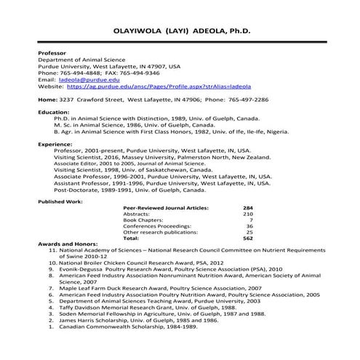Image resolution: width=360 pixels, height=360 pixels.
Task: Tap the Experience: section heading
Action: tap(55, 144)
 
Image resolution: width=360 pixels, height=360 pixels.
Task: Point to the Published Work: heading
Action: tap(60, 200)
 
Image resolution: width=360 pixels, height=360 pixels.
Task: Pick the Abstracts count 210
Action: tap(247, 214)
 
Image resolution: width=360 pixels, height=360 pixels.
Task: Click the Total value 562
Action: tap(247, 238)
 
